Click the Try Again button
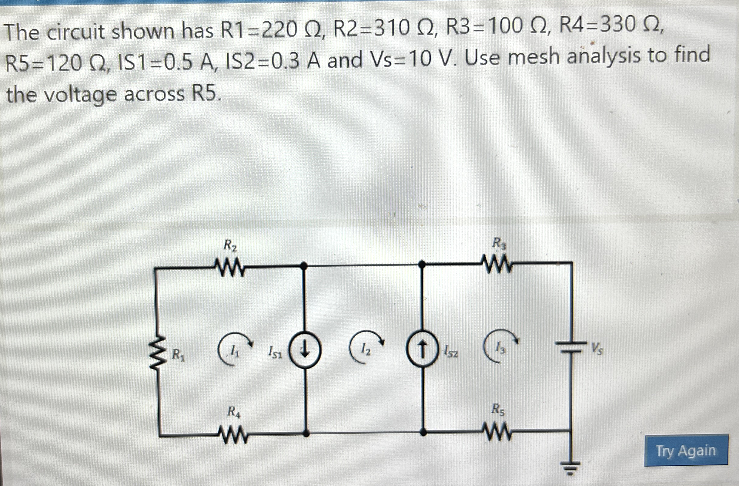coord(686,451)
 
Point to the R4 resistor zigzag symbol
coord(232,433)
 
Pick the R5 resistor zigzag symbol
coord(497,431)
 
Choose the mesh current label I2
coord(367,351)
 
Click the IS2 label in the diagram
coord(450,352)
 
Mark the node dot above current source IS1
coord(305,266)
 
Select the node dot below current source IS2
coord(423,432)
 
